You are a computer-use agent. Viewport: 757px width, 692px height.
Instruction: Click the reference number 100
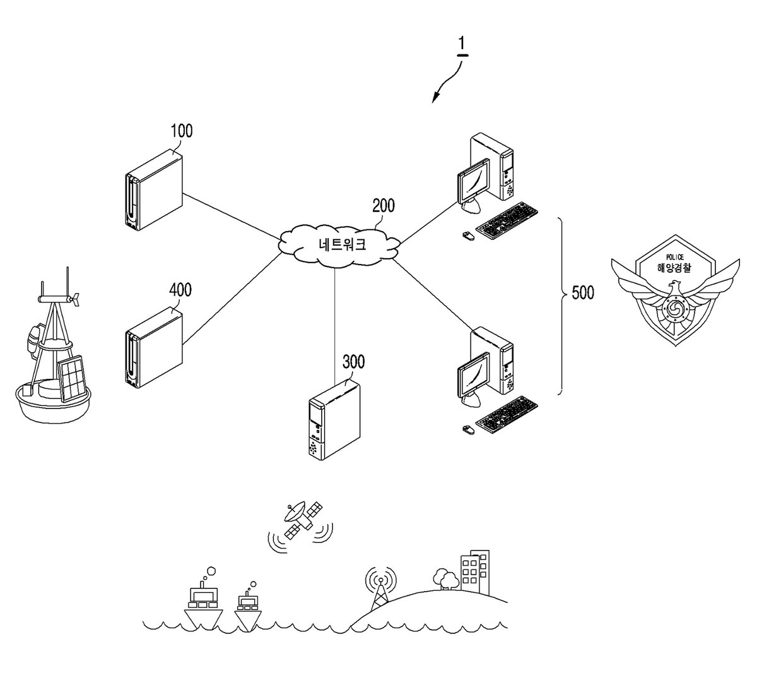pos(182,131)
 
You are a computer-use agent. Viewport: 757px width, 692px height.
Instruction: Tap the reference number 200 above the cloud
pos(384,206)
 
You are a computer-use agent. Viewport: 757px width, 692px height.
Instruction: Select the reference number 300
pos(354,362)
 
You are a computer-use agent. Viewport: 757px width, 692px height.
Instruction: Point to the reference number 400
pos(180,290)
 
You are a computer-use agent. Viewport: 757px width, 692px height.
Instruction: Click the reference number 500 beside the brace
pos(583,293)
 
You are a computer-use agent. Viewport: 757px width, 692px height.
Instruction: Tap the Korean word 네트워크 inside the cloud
pos(343,244)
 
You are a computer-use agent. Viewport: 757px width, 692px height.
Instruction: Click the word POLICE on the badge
pos(675,257)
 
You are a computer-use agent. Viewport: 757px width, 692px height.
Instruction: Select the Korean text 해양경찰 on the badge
pos(675,268)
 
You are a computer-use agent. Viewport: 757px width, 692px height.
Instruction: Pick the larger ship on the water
pos(203,603)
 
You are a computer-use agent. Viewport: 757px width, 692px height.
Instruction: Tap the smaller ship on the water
pos(248,610)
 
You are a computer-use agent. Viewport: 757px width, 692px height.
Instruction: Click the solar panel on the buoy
pos(71,378)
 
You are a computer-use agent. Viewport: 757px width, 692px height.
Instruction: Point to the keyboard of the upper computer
pos(507,220)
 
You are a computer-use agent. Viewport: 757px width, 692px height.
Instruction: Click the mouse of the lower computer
pos(468,429)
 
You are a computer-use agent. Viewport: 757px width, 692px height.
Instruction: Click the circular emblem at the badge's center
pos(673,309)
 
